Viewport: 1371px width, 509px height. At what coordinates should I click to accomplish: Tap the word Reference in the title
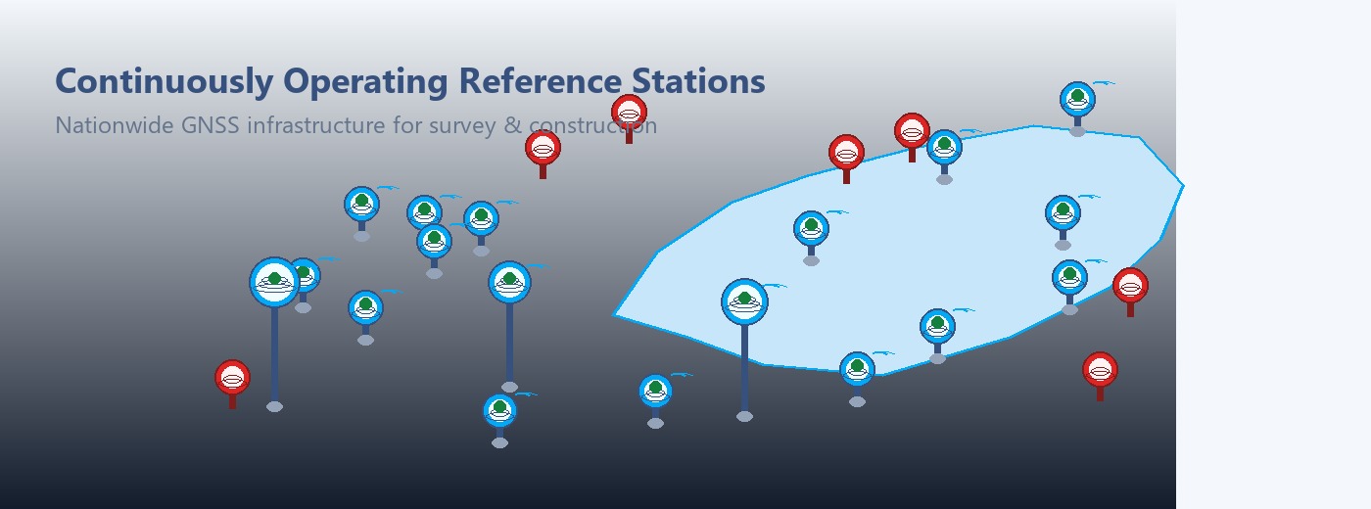(x=540, y=80)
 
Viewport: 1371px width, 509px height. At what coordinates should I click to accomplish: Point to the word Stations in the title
(x=698, y=80)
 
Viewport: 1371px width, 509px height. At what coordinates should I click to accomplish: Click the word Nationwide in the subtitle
(x=115, y=125)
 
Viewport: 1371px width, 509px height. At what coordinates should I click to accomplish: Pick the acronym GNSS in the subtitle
(x=210, y=125)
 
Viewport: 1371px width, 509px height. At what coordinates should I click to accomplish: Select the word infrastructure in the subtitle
(x=315, y=125)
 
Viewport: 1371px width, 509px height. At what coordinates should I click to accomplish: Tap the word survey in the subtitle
(x=462, y=126)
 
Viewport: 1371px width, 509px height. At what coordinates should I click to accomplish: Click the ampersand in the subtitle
(x=512, y=125)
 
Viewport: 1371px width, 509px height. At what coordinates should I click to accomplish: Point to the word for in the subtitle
(x=407, y=125)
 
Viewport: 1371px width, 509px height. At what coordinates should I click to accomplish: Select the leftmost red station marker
(x=233, y=384)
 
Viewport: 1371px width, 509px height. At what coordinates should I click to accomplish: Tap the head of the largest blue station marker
(x=275, y=282)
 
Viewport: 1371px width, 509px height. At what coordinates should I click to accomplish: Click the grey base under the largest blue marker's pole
(x=275, y=407)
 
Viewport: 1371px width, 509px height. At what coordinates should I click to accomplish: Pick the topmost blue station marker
(x=1078, y=99)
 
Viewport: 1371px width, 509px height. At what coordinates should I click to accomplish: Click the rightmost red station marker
(x=1130, y=292)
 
